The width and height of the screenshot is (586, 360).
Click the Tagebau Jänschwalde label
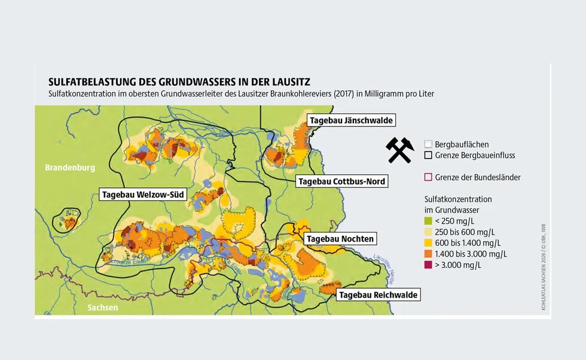(x=351, y=121)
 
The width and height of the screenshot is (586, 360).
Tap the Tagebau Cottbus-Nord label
(x=341, y=181)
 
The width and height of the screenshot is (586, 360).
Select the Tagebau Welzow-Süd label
(x=143, y=194)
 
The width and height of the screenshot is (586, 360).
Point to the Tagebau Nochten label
(x=340, y=239)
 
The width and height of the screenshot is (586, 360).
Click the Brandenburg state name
(x=70, y=168)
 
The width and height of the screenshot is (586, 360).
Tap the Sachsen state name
(x=102, y=307)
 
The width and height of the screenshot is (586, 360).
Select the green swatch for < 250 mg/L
(x=428, y=221)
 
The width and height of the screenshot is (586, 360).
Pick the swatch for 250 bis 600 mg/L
(x=428, y=232)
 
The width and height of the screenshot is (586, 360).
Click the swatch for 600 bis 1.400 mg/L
(x=428, y=243)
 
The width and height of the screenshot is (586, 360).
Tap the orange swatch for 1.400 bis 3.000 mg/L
(x=428, y=254)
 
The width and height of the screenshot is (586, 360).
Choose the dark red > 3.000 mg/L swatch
(x=428, y=264)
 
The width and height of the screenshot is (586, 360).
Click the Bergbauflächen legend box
(x=428, y=144)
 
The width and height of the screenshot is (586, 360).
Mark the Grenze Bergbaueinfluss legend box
(x=428, y=155)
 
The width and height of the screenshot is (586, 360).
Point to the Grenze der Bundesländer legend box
(x=428, y=177)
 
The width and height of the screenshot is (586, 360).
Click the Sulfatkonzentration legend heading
(x=458, y=199)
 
